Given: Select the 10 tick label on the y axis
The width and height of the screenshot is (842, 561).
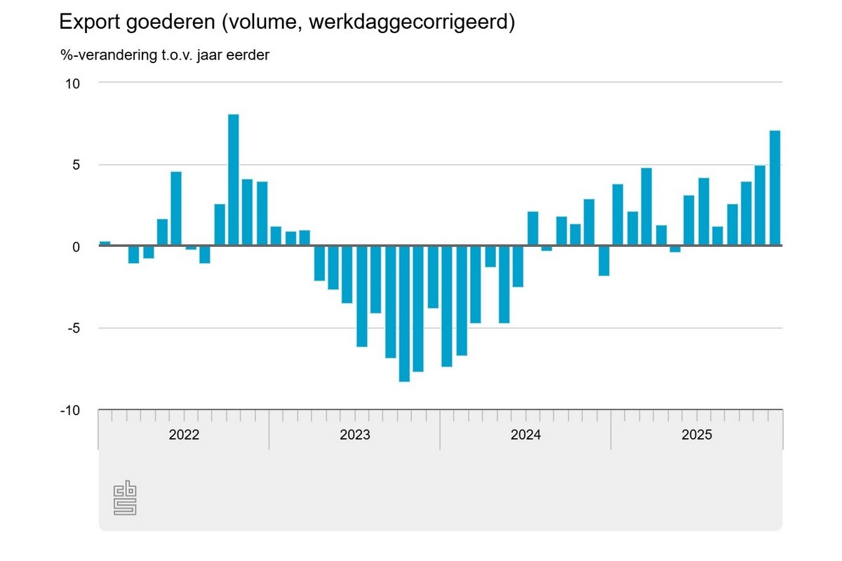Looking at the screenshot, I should pyautogui.click(x=73, y=83).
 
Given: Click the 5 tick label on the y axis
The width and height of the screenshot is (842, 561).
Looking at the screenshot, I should pyautogui.click(x=76, y=165).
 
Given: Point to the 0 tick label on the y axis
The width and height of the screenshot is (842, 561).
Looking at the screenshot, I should pyautogui.click(x=76, y=247).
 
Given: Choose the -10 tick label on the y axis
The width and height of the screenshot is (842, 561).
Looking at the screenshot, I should pyautogui.click(x=71, y=410).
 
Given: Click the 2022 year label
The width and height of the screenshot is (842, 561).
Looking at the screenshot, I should pyautogui.click(x=184, y=435).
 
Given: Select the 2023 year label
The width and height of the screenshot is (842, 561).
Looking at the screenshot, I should pyautogui.click(x=355, y=435).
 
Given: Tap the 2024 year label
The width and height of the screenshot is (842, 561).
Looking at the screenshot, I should pyautogui.click(x=526, y=435).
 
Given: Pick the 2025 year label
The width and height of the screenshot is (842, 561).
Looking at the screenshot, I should pyautogui.click(x=697, y=435).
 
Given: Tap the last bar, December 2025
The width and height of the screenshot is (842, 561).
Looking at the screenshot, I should pyautogui.click(x=775, y=189).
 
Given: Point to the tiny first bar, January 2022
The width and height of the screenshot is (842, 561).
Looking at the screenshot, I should pyautogui.click(x=105, y=243).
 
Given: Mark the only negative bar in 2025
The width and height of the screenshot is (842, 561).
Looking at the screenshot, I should pyautogui.click(x=675, y=249).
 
